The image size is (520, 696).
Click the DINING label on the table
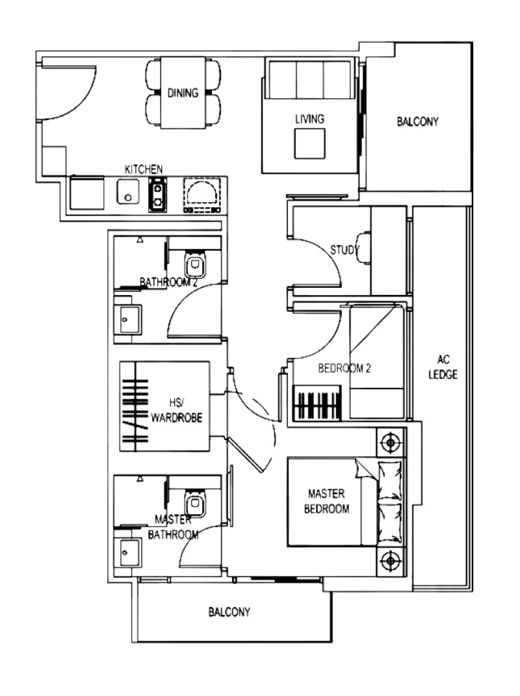(183, 93)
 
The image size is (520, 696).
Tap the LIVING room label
(309, 119)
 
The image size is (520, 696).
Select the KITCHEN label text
(144, 169)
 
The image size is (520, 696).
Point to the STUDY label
(344, 250)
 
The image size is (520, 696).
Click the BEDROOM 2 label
(344, 368)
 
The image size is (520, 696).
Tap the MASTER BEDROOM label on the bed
(326, 501)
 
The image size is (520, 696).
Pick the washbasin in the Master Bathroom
(127, 553)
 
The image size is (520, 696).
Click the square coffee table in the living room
(309, 143)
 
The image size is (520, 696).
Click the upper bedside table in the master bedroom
(391, 443)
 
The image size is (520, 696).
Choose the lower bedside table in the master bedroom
(391, 560)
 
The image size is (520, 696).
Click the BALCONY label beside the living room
(418, 122)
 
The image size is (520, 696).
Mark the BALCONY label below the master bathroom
(229, 612)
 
